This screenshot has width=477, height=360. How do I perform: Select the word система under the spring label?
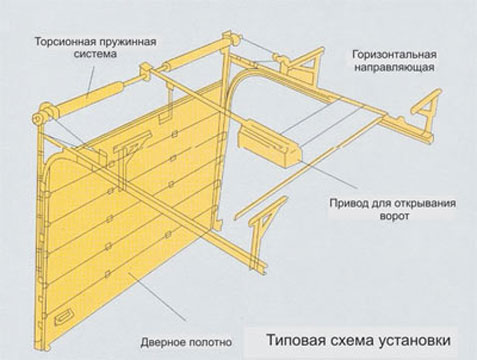tap(95, 54)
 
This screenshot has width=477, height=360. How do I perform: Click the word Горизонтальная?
tap(394, 54)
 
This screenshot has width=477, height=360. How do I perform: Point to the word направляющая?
tap(394, 67)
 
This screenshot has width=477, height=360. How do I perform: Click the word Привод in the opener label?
tap(348, 203)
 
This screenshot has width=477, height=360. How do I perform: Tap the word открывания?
tap(423, 203)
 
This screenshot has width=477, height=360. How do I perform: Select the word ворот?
tap(394, 216)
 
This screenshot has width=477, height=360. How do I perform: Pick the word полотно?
tap(210, 342)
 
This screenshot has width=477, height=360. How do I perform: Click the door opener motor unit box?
tap(269, 144)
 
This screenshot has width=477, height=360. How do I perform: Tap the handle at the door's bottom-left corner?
tap(62, 319)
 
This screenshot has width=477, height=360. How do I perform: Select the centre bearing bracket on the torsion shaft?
tap(146, 73)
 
